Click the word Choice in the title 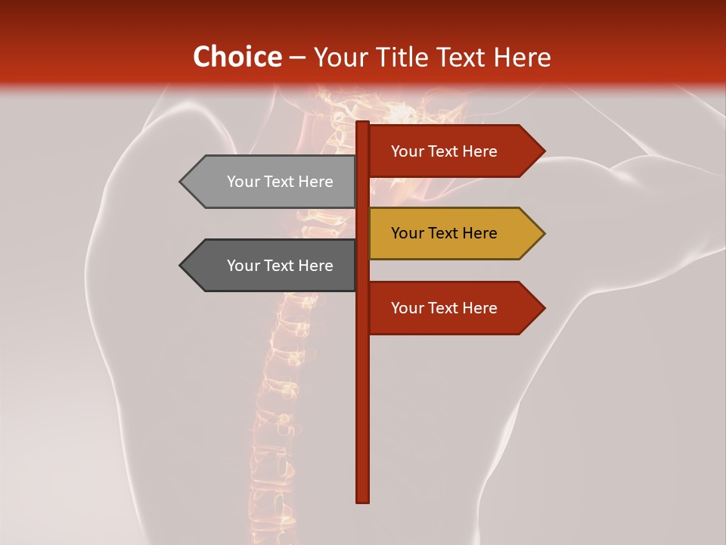pos(237,57)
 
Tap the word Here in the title pos(522,57)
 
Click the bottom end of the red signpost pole pos(362,499)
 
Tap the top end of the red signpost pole pos(362,124)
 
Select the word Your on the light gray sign pos(243,182)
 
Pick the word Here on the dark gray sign pos(315,266)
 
